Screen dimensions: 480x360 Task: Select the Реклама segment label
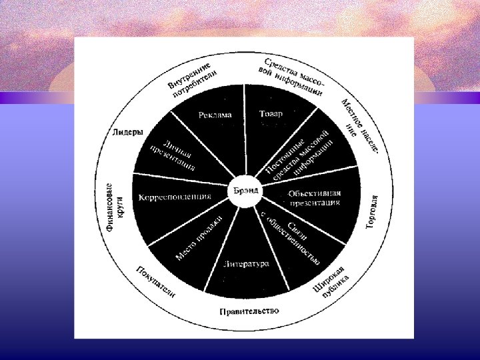(x=215, y=115)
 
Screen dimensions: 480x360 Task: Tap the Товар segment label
(x=271, y=114)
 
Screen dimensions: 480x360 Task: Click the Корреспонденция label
(x=175, y=197)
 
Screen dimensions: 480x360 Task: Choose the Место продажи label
(x=198, y=239)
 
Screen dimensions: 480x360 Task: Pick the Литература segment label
(x=247, y=264)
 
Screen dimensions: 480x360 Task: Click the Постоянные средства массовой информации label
(x=299, y=151)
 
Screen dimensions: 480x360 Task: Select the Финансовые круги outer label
(x=114, y=207)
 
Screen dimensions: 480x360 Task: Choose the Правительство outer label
(x=249, y=311)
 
